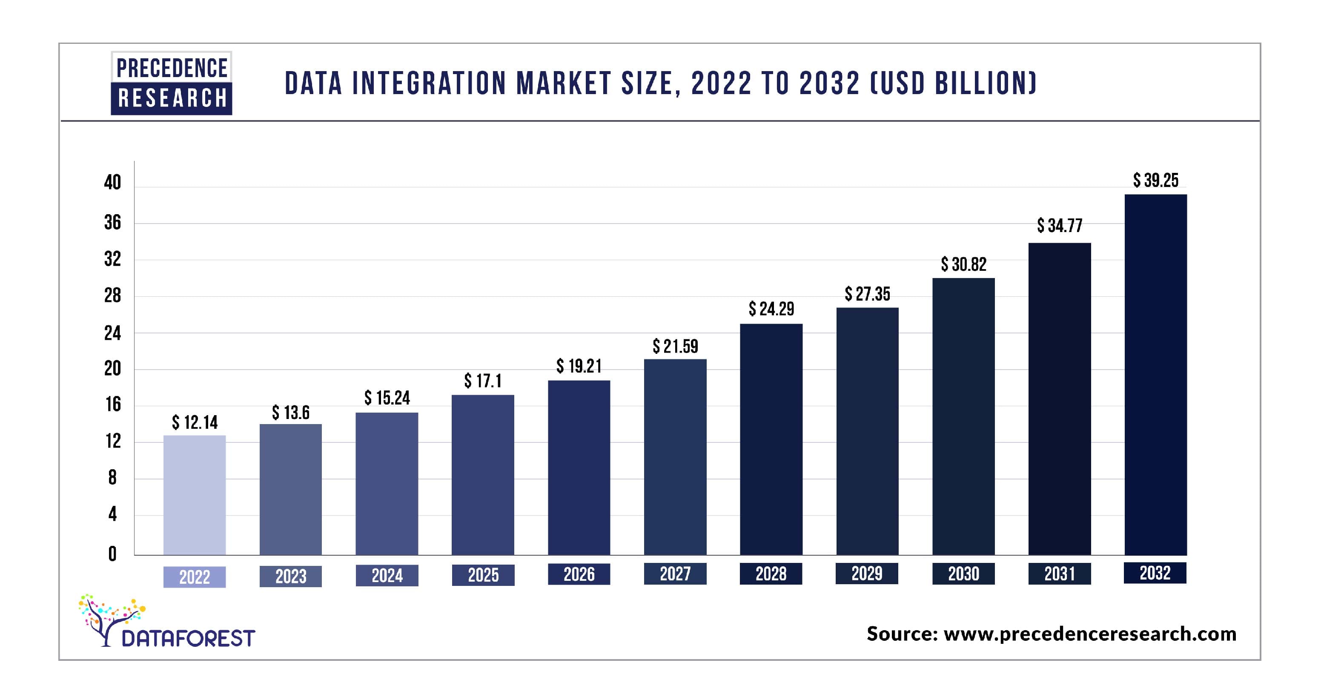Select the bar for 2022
pyautogui.click(x=195, y=495)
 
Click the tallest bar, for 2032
pyautogui.click(x=1155, y=374)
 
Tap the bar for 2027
pyautogui.click(x=675, y=456)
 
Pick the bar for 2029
pyautogui.click(x=867, y=431)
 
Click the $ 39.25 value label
pyautogui.click(x=1155, y=181)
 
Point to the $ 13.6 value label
pyautogui.click(x=290, y=412)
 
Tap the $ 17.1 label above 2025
pyautogui.click(x=483, y=381)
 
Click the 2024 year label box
pyautogui.click(x=387, y=575)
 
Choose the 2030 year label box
pyautogui.click(x=963, y=573)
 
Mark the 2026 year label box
pyautogui.click(x=579, y=574)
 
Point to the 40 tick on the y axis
pyautogui.click(x=112, y=183)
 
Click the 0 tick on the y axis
pyautogui.click(x=112, y=554)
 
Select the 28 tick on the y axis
pyautogui.click(x=112, y=296)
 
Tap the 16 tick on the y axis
pyautogui.click(x=113, y=405)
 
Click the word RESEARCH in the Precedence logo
pyautogui.click(x=172, y=98)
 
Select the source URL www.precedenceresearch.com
pyautogui.click(x=1090, y=634)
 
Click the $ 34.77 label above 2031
pyautogui.click(x=1060, y=226)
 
